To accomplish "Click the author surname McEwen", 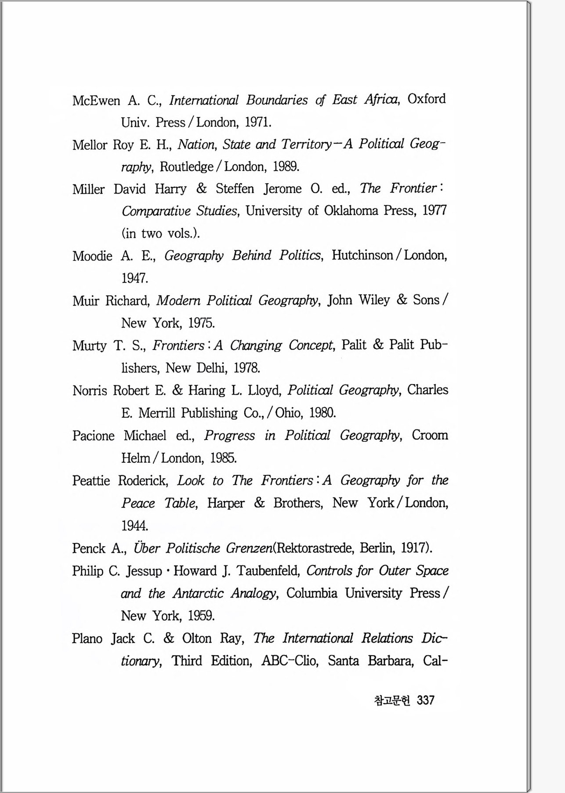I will pyautogui.click(x=96, y=101).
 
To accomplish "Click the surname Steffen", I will pyautogui.click(x=235, y=189).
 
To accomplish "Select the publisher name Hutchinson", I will pyautogui.click(x=362, y=255).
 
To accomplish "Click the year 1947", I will pyautogui.click(x=134, y=278).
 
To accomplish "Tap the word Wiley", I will pyautogui.click(x=374, y=300).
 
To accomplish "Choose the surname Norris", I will pyautogui.click(x=90, y=390).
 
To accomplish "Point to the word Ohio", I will pyautogui.click(x=288, y=413).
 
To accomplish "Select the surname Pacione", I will pyautogui.click(x=93, y=436).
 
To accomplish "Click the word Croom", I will pyautogui.click(x=429, y=435).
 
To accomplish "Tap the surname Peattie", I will pyautogui.click(x=91, y=480).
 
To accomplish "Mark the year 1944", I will pyautogui.click(x=134, y=526).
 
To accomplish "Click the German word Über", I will pyautogui.click(x=146, y=548).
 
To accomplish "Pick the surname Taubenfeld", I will pyautogui.click(x=268, y=571).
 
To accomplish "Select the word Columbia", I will pyautogui.click(x=311, y=593).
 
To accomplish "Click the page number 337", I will pyautogui.click(x=425, y=700).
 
